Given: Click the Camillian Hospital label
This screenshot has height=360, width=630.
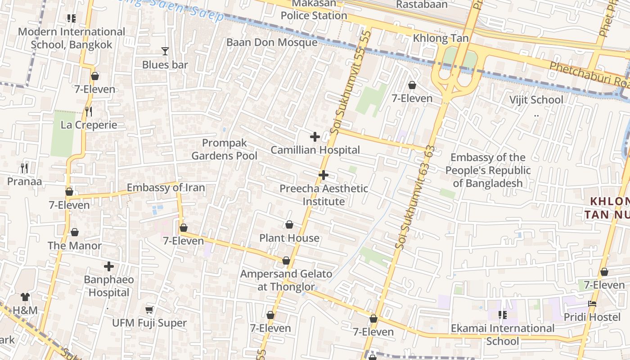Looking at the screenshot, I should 315,150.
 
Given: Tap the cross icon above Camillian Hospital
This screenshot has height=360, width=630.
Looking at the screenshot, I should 315,137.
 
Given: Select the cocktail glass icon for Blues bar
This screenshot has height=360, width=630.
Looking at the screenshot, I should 165,51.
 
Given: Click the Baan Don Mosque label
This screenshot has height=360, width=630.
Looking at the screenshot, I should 272,42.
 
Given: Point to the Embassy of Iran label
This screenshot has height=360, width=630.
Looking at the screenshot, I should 166,188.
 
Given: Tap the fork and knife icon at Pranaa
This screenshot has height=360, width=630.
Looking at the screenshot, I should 24,168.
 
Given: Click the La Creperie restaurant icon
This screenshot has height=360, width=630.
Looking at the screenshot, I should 89,111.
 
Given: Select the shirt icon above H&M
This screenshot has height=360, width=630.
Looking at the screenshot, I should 25,297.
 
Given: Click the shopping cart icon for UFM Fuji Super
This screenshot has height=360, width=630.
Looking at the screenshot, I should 149,310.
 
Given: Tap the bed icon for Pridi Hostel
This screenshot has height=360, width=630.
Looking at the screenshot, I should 592,304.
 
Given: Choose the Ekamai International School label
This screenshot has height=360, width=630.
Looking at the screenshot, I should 502,334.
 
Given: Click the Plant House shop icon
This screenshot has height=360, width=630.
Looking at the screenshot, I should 289,225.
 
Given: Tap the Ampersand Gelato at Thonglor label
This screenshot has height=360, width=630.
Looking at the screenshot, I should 286,280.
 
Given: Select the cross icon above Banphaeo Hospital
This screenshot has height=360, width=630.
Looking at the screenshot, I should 109,266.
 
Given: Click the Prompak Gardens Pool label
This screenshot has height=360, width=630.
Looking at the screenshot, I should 224,149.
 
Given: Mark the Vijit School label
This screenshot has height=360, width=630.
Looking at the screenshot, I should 535,99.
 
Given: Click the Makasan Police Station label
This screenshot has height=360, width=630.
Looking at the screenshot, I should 314,10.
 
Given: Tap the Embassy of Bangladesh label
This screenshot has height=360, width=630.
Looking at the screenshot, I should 488,170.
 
